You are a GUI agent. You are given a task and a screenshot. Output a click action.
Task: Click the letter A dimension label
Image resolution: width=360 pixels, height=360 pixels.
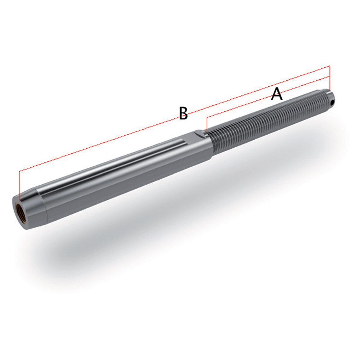[x=276, y=94]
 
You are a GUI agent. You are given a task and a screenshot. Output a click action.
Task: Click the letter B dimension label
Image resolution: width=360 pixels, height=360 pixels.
[x=183, y=113]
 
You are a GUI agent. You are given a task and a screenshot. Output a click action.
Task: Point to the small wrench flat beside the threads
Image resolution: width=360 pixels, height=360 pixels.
[x=199, y=134]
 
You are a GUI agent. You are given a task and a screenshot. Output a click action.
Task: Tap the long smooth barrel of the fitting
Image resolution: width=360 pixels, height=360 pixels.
[x=122, y=173]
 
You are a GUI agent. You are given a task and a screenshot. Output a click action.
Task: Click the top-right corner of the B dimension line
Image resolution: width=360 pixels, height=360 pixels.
[x=329, y=66]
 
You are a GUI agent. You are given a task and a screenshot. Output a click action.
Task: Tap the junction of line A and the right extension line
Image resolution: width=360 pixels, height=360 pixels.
[x=329, y=77]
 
